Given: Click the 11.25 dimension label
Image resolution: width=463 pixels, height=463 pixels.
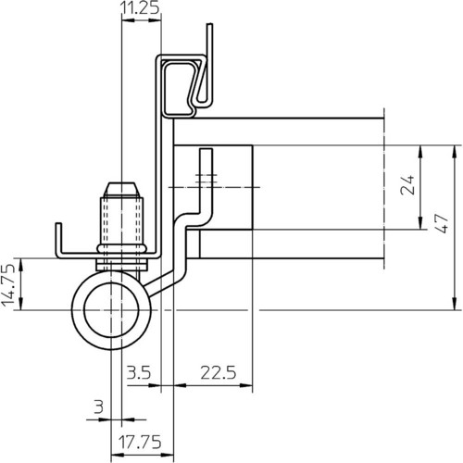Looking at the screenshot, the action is pos(141,7).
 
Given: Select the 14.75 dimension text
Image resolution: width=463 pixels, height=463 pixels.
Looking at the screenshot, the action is pos(8,285).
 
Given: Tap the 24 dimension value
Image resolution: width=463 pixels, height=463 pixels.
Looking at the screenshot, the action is pos(407,184).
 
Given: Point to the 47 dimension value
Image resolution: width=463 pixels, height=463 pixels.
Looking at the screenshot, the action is pos(442,223).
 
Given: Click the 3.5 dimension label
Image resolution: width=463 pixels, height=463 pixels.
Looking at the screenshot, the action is pos(139,372).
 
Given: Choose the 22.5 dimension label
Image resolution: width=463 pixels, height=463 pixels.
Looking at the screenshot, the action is pos(219,372).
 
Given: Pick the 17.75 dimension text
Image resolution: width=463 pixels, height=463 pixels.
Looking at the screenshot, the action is pos(140,442).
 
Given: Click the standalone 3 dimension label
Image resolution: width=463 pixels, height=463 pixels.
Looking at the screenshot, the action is pos(98,407).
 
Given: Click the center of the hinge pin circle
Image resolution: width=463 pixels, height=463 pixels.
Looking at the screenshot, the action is pos(111,309).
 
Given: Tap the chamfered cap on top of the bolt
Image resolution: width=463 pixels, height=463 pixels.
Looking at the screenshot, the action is pos(122,190).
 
